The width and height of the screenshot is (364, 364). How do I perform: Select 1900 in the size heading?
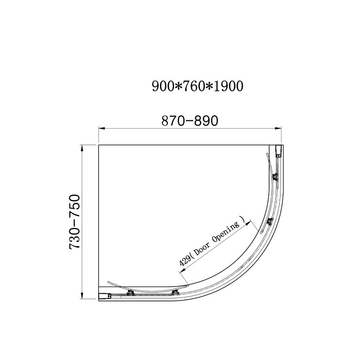pyautogui.click(x=226, y=86)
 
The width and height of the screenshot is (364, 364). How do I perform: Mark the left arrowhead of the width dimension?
pyautogui.click(x=102, y=129)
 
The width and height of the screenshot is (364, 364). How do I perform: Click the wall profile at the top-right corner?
pyautogui.click(x=279, y=150)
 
